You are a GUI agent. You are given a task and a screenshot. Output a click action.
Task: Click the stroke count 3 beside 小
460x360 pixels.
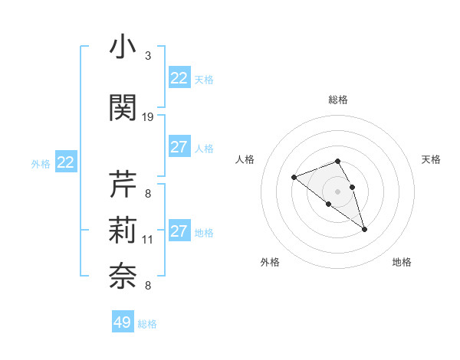pos(148,56)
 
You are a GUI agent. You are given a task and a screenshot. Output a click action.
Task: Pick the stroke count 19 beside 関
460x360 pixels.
pos(148,117)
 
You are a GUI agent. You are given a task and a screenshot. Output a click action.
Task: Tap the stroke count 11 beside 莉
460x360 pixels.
pos(148,240)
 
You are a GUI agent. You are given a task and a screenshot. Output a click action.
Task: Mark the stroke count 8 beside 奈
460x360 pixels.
pos(148,286)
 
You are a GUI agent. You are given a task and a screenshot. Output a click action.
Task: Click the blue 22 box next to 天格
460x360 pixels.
pos(179,77)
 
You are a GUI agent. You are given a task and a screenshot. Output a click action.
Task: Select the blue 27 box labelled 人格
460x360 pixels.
pos(179,147)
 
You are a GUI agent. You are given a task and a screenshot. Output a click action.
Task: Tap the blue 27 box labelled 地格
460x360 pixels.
pos(179,231)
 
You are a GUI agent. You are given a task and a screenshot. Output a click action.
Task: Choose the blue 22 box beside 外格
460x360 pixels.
pos(66,162)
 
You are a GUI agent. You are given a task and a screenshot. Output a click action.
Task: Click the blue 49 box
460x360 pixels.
pos(123,322)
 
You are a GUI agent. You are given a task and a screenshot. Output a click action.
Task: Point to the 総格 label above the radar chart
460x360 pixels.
pos(338,100)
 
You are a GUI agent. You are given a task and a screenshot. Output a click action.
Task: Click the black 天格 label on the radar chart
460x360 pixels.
pos(431,159)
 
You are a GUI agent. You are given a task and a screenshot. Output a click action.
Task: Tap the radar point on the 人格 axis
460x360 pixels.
pos(294,178)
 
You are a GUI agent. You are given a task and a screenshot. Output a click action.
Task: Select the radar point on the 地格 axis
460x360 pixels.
pos(364,229)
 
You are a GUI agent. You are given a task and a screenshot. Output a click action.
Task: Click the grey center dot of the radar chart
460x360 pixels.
pos(338,191)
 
